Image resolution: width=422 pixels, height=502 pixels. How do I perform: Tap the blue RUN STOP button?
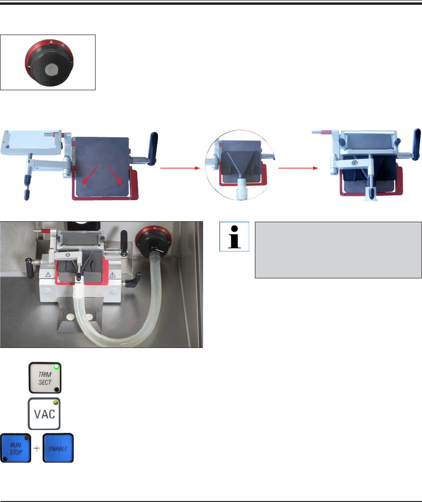click(15, 448)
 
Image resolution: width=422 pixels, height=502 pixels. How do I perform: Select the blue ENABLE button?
click(58, 448)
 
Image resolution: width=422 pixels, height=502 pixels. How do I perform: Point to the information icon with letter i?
click(235, 237)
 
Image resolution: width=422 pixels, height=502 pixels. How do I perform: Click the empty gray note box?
click(334, 250)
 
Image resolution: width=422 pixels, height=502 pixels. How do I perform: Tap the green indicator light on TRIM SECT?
click(57, 368)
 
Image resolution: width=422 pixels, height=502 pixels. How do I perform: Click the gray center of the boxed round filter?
click(50, 72)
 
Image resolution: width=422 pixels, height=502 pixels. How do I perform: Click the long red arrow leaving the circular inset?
click(298, 168)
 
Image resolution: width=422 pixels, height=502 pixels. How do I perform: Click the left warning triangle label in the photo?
click(48, 275)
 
